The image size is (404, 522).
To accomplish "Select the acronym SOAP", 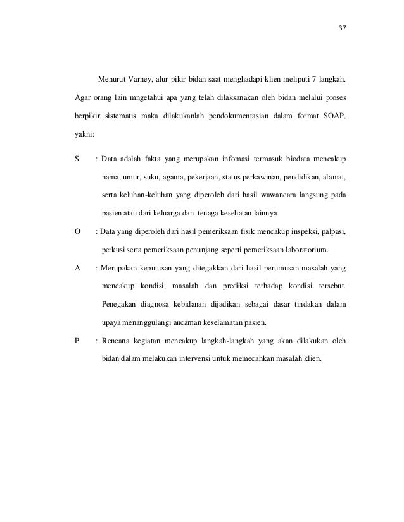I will [333, 116].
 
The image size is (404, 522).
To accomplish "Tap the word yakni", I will [84, 134].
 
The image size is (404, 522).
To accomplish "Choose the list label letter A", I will [77, 268].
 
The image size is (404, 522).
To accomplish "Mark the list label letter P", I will [77, 342].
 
